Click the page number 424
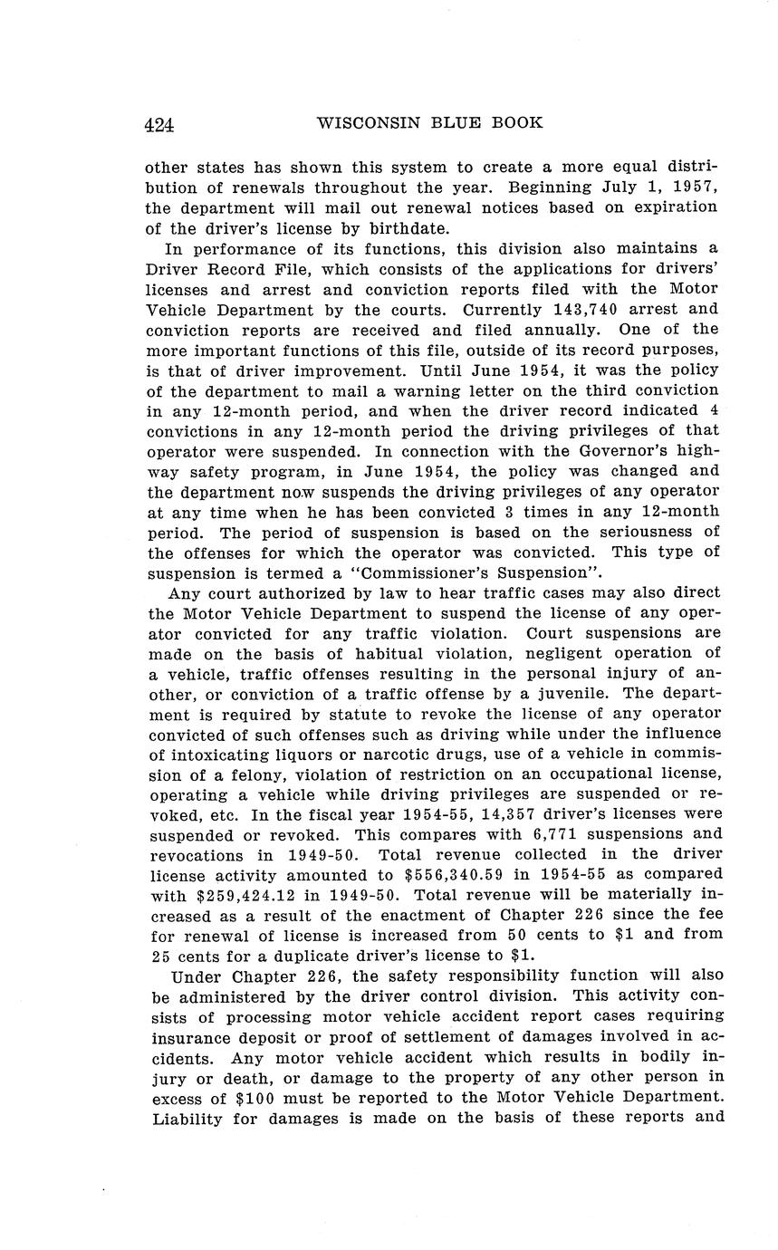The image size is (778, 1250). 158,124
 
